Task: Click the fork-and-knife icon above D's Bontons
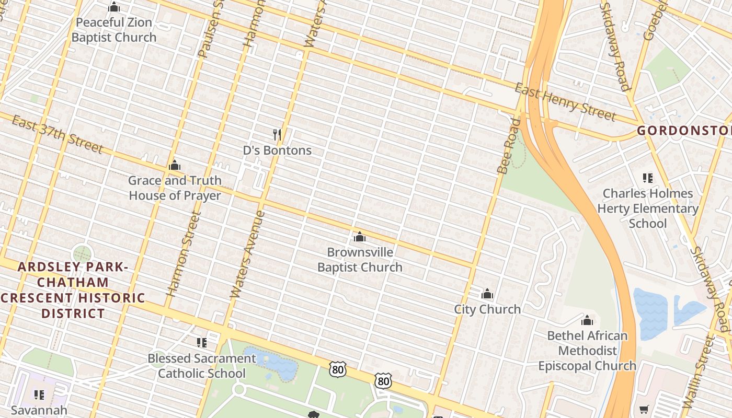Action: [x=277, y=135]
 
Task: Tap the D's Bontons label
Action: [x=277, y=150]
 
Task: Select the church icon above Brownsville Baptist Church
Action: [x=359, y=237]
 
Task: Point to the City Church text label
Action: [x=487, y=309]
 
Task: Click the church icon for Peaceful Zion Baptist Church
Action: [x=114, y=7]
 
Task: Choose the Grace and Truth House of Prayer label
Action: [x=175, y=188]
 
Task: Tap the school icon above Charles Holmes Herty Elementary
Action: [x=648, y=178]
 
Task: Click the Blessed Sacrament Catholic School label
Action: [x=202, y=366]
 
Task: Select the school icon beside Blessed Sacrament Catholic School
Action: [x=201, y=343]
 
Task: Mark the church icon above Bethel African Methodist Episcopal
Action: [x=587, y=320]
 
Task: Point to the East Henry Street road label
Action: [x=565, y=102]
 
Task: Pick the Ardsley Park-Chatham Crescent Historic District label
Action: [x=73, y=290]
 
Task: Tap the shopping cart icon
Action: [x=644, y=409]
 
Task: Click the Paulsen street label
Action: [x=208, y=31]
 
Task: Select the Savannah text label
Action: [x=39, y=410]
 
